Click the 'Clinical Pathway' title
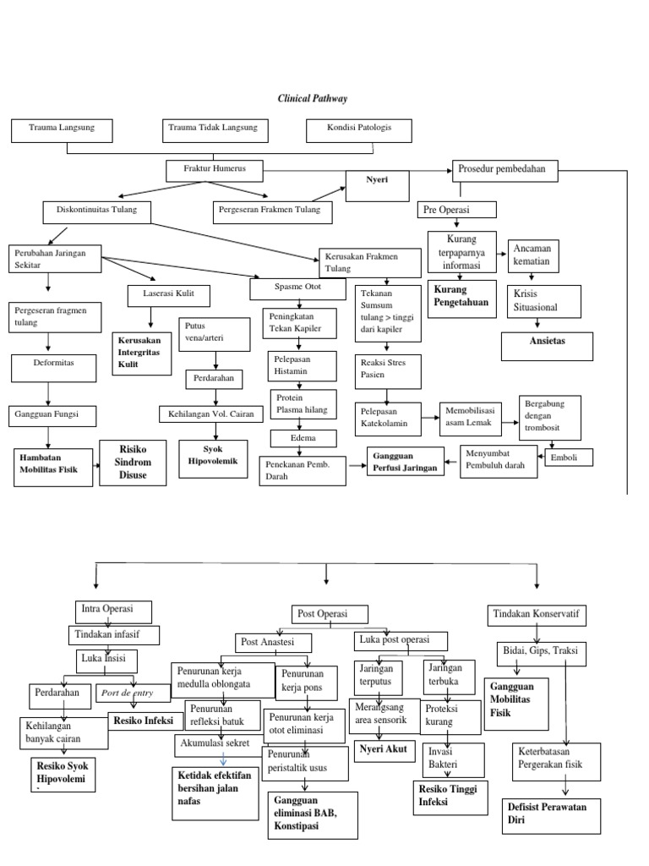[313, 99]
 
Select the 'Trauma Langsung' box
[62, 130]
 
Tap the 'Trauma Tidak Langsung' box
[215, 130]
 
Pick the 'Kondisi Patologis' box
[359, 130]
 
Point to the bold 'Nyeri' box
[377, 185]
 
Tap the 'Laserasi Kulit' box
[169, 295]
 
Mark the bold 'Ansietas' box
[547, 346]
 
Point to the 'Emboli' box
[568, 458]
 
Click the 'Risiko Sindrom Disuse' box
[132, 462]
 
